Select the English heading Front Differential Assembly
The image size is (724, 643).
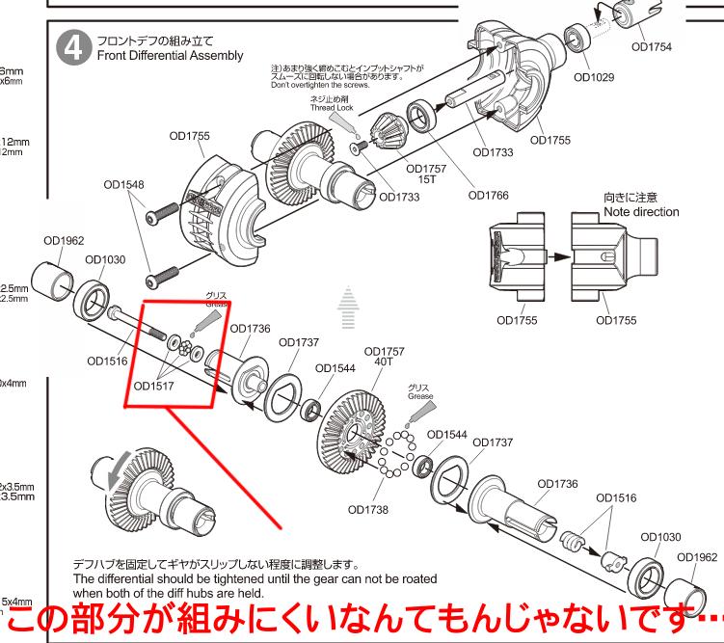pos(169,57)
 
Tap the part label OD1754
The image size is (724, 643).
pos(651,45)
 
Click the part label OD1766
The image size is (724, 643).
pos(488,195)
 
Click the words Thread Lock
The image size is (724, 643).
pos(333,108)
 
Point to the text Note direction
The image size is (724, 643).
pos(641,212)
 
